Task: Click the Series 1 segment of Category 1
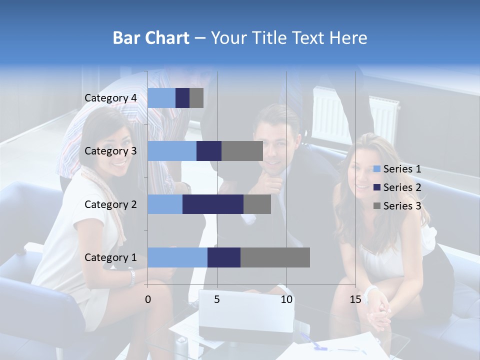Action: pyautogui.click(x=177, y=257)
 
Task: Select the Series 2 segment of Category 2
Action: pyautogui.click(x=213, y=204)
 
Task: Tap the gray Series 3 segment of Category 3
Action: pyautogui.click(x=242, y=151)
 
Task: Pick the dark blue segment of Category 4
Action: pyautogui.click(x=182, y=98)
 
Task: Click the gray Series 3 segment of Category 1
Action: pyautogui.click(x=275, y=257)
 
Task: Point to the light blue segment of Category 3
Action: pyautogui.click(x=172, y=151)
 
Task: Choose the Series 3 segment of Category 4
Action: pyautogui.click(x=196, y=98)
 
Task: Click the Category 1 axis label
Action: pyautogui.click(x=110, y=257)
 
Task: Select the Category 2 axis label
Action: pyautogui.click(x=110, y=204)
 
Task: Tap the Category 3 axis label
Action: pyautogui.click(x=110, y=151)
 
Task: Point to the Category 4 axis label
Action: pyautogui.click(x=110, y=98)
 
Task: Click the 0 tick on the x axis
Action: pyautogui.click(x=148, y=299)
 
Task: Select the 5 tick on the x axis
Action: pyautogui.click(x=217, y=299)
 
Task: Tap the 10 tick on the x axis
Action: pyautogui.click(x=286, y=299)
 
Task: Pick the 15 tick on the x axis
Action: pyautogui.click(x=355, y=299)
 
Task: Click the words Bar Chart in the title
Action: pyautogui.click(x=151, y=38)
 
